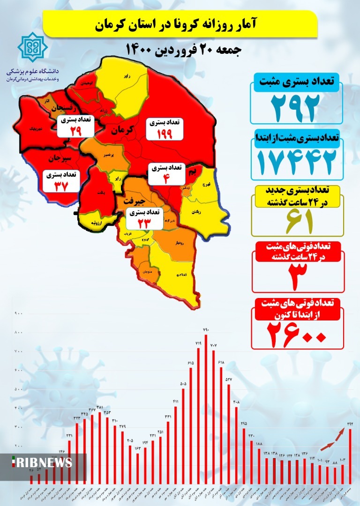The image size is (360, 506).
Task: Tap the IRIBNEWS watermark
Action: pyautogui.click(x=42, y=462)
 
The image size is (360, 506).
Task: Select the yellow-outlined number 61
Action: pyautogui.click(x=296, y=222)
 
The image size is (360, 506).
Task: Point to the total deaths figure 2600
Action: pyautogui.click(x=296, y=334)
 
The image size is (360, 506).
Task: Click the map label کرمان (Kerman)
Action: pyautogui.click(x=122, y=129)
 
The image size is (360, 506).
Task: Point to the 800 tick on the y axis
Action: pyautogui.click(x=18, y=333)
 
